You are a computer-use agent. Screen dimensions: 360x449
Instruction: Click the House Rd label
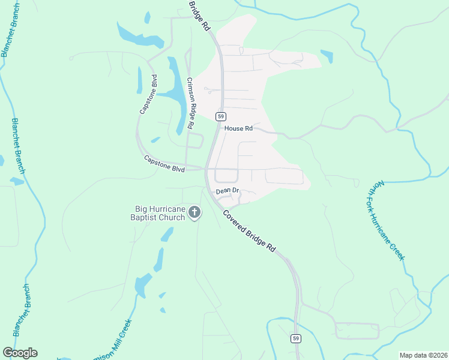pyautogui.click(x=238, y=128)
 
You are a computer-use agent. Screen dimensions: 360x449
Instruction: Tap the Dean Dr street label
pyautogui.click(x=228, y=191)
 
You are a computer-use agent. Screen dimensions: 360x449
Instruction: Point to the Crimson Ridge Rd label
pyautogui.click(x=190, y=104)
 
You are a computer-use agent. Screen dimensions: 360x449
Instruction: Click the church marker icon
pyautogui.click(x=194, y=212)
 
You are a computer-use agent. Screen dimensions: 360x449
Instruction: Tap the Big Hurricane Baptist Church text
pyautogui.click(x=160, y=213)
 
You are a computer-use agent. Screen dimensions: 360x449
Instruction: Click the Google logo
pyautogui.click(x=20, y=353)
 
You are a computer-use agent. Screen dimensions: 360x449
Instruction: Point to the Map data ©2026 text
pyautogui.click(x=423, y=355)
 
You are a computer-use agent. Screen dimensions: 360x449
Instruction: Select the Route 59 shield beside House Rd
pyautogui.click(x=221, y=116)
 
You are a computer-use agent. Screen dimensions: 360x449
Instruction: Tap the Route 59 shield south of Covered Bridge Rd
pyautogui.click(x=296, y=338)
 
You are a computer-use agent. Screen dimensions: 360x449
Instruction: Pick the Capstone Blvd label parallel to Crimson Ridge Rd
pyautogui.click(x=148, y=94)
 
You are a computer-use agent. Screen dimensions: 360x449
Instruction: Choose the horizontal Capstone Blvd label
pyautogui.click(x=164, y=164)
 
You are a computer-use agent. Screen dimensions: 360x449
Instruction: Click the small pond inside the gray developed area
pyautogui.click(x=327, y=56)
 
